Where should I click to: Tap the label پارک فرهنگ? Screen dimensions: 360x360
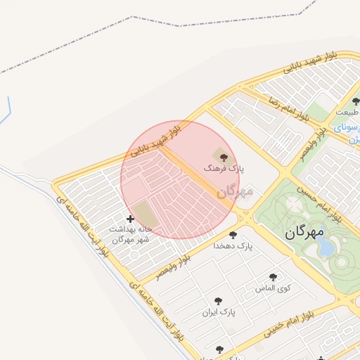(x=224, y=169)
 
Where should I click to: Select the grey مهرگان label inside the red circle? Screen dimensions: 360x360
(x=234, y=191)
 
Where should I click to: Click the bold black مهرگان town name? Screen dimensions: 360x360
(x=304, y=231)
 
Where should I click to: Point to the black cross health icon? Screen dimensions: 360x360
(x=130, y=219)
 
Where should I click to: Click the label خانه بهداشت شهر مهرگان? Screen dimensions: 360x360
(x=131, y=234)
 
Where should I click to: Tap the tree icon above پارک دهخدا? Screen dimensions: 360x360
(x=233, y=235)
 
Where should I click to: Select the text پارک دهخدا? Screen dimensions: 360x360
(x=234, y=246)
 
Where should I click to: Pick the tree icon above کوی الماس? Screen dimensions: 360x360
(x=274, y=277)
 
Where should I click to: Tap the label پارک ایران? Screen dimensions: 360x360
(x=218, y=311)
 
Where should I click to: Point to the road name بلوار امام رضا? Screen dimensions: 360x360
(x=288, y=105)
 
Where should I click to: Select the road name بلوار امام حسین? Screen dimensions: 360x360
(x=318, y=201)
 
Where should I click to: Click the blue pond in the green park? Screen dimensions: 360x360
(x=325, y=246)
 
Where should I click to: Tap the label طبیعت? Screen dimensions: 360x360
(x=347, y=112)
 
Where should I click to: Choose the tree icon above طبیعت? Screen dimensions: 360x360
(x=356, y=102)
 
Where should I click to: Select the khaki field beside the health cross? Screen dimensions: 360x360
(x=143, y=214)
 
